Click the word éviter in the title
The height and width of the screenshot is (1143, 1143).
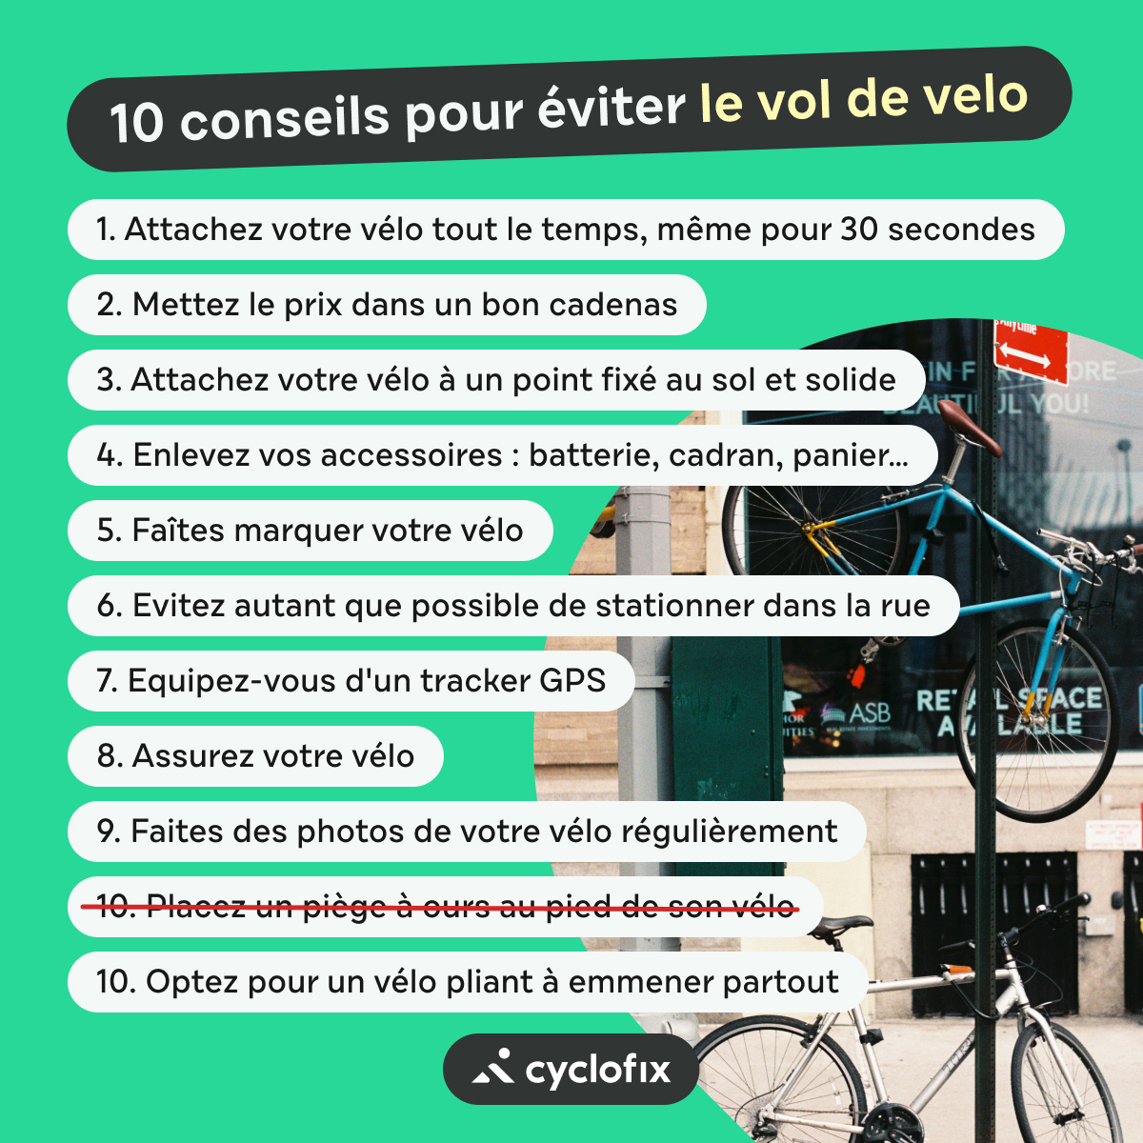611,108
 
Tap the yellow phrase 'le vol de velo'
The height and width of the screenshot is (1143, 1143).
863,99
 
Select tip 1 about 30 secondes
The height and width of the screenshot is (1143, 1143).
565,230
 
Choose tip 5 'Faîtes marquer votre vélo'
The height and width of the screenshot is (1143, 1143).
310,531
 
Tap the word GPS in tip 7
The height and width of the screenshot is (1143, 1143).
571,681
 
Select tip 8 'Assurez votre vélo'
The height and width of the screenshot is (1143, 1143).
255,756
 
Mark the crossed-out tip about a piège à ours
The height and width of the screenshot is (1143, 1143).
446,906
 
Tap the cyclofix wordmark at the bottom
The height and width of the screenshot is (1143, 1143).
597,1071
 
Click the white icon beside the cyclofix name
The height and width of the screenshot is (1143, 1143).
493,1069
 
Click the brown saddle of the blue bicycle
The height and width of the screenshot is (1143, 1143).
970,439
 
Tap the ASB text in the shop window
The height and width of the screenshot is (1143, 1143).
869,713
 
